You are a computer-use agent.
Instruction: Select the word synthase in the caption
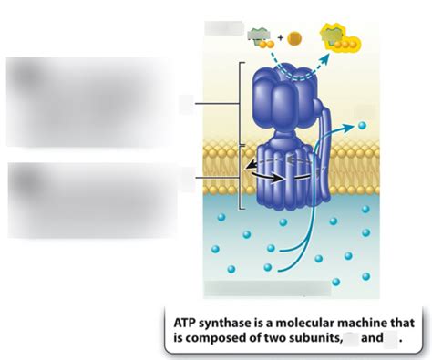[x=227, y=324]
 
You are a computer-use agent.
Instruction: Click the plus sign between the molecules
[x=281, y=38]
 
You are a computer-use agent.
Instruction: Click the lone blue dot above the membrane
[x=362, y=126]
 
